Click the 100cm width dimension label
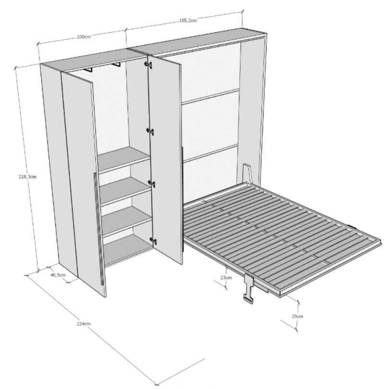[x=83, y=37]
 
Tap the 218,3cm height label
[x=26, y=176]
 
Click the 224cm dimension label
[x=84, y=324]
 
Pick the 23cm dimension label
[x=226, y=277]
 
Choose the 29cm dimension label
[x=297, y=316]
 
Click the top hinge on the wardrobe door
[x=149, y=131]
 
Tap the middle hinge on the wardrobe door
[x=152, y=183]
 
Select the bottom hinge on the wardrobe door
[x=153, y=240]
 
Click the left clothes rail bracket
[x=87, y=71]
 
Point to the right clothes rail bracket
[x=116, y=64]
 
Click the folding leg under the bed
[x=250, y=289]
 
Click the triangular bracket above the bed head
[x=247, y=172]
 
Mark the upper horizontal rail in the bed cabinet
[x=210, y=95]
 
